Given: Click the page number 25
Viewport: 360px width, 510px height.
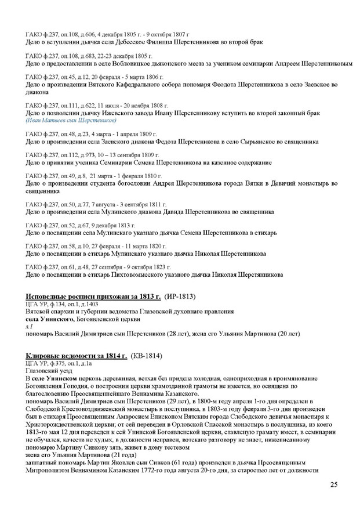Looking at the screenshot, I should (333, 485).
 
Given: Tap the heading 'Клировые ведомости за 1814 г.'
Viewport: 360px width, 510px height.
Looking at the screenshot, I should (78, 355).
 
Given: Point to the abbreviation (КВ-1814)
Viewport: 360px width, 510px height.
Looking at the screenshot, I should (146, 355).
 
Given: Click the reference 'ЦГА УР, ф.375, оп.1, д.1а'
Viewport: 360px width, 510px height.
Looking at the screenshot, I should (59, 363).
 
